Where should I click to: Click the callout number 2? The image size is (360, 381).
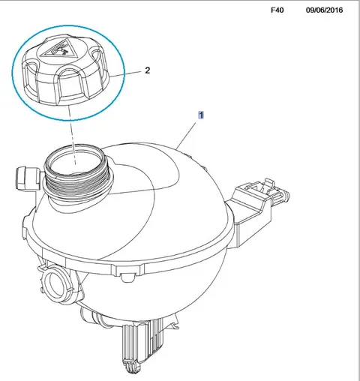(x=148, y=70)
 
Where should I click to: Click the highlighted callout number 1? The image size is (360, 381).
(x=201, y=115)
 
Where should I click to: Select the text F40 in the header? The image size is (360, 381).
(x=277, y=10)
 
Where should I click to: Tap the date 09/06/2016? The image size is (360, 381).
(x=324, y=10)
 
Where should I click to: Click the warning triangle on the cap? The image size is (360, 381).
(x=58, y=49)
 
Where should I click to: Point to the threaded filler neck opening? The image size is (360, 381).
(x=76, y=160)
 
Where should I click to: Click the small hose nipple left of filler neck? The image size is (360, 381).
(x=26, y=178)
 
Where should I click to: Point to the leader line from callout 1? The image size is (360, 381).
(x=185, y=136)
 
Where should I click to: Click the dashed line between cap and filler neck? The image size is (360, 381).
(x=71, y=134)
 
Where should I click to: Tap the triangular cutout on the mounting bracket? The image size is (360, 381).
(x=254, y=188)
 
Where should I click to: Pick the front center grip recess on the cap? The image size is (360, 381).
(x=70, y=84)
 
